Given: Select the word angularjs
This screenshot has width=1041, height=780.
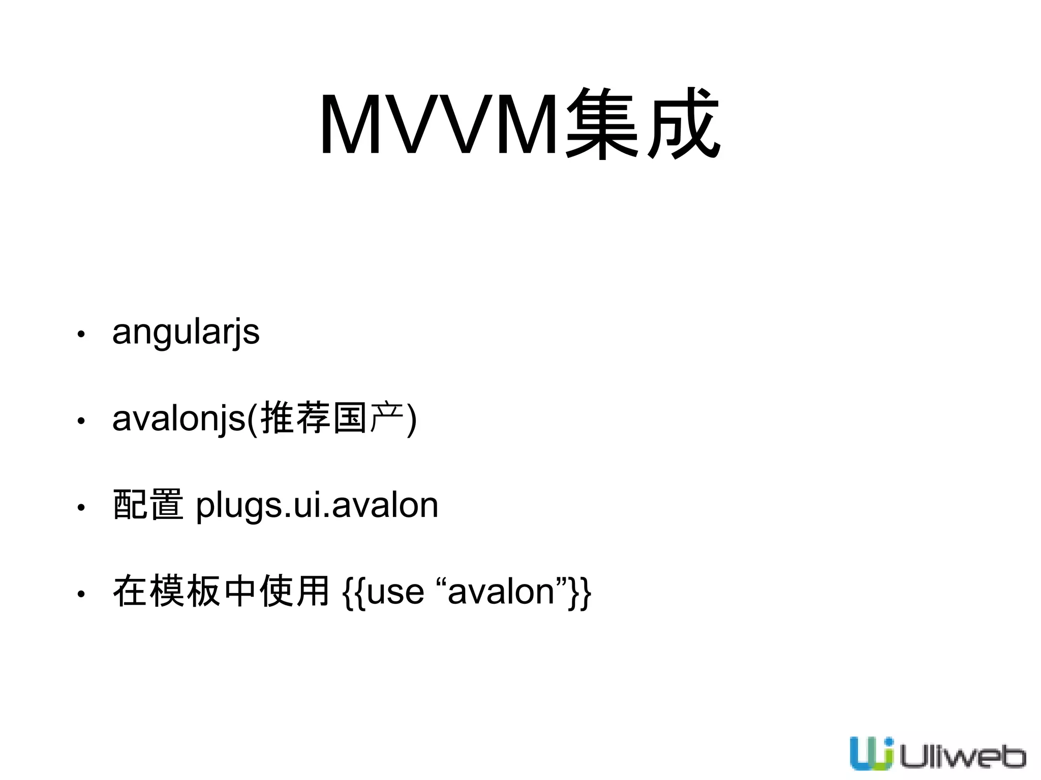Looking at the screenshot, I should [x=186, y=333].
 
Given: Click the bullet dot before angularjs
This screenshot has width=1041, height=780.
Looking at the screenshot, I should [x=80, y=334].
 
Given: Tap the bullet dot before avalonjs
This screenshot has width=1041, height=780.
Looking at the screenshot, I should [x=80, y=421].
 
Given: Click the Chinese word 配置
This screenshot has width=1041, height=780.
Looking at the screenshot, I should [x=148, y=505].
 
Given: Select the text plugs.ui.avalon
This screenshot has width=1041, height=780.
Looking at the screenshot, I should [x=317, y=506].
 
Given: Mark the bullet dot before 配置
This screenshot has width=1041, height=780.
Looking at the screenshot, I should [x=80, y=507].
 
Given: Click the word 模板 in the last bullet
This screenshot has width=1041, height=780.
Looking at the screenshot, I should [x=186, y=592].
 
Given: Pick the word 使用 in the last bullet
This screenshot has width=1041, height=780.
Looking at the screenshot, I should [x=294, y=592].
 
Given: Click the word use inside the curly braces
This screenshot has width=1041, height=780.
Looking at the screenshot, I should [x=395, y=593].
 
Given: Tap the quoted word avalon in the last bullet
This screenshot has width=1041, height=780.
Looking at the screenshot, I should [x=501, y=593].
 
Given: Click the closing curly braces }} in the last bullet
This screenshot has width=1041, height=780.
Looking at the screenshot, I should [x=580, y=593].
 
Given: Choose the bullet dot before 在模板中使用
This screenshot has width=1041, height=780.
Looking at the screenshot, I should [x=80, y=594].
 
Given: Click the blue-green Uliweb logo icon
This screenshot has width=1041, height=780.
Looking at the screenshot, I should [x=871, y=753].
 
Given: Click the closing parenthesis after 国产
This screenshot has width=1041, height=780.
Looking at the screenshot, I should [x=412, y=419].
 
